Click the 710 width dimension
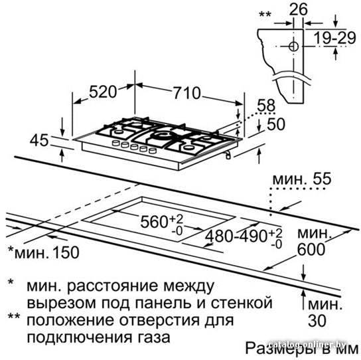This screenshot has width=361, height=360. point(186,93)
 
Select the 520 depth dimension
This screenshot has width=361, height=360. point(103,92)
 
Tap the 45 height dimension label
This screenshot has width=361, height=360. point(39,140)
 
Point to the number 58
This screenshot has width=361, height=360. point(266,106)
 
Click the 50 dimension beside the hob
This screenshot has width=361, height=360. point(276,124)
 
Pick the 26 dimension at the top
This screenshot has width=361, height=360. point(299,9)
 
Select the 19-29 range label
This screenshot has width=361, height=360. point(335,38)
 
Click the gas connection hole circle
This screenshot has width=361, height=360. point(293,46)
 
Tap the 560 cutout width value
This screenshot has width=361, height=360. point(154,222)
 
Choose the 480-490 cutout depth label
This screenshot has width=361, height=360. point(236,236)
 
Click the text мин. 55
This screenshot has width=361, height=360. point(302,179)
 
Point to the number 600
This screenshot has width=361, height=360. point(311,249)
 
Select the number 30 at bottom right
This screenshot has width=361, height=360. point(317,320)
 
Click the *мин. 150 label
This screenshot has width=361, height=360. point(44,252)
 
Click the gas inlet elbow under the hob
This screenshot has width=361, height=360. point(228,155)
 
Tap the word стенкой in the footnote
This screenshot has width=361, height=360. point(242,303)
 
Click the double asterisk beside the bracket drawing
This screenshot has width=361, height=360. point(265,15)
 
